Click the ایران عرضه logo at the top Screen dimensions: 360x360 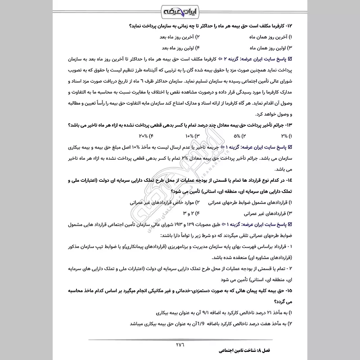coord(180,10)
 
